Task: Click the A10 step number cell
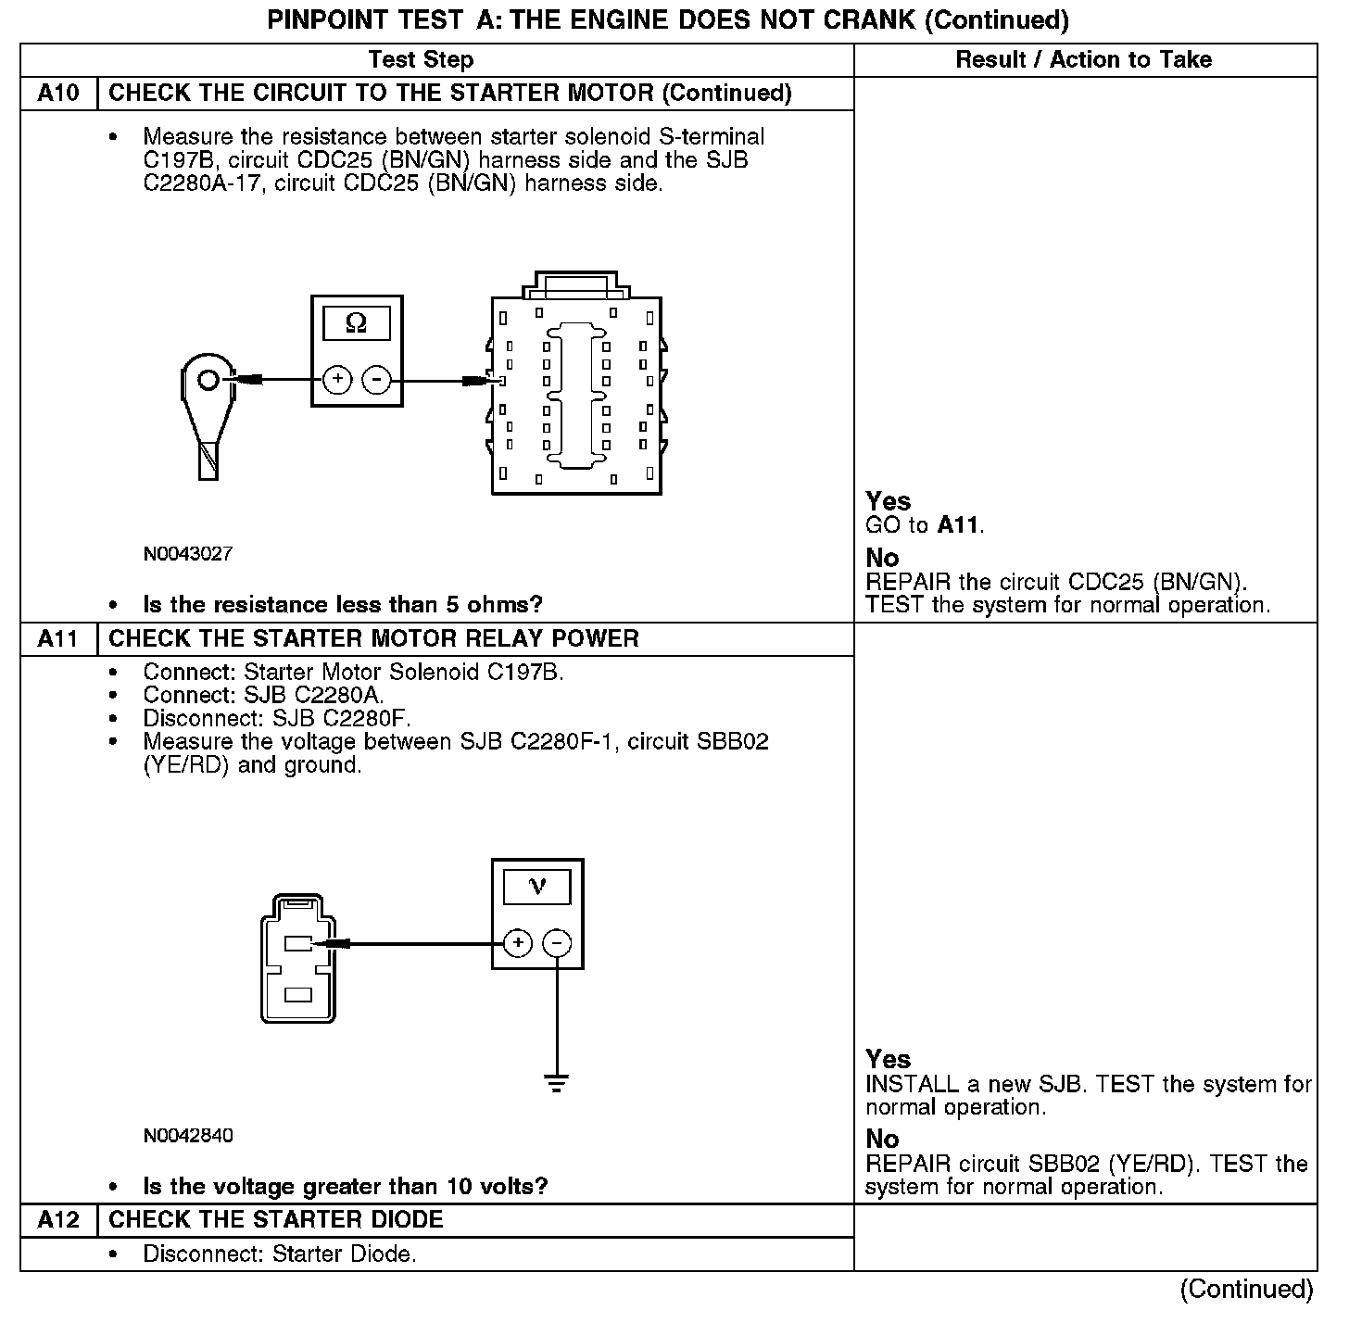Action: [x=58, y=94]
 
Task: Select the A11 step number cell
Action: [x=58, y=639]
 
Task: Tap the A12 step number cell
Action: [x=58, y=1220]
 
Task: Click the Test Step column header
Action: [x=421, y=60]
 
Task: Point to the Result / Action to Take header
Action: [x=1083, y=60]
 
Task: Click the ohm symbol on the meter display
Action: [x=356, y=323]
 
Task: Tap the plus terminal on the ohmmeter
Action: [x=337, y=380]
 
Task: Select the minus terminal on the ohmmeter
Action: [x=375, y=380]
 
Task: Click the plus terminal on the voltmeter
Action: [x=518, y=944]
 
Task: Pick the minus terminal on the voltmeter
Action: [x=556, y=944]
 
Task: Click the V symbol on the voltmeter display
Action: [x=537, y=888]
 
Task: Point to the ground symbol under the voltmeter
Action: [x=556, y=1082]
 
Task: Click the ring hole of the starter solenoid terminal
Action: [x=208, y=380]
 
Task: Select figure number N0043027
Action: [x=188, y=554]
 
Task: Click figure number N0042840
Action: [x=188, y=1136]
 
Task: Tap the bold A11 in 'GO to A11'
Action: [x=958, y=525]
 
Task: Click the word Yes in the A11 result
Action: [x=889, y=1059]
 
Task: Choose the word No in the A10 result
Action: [x=882, y=558]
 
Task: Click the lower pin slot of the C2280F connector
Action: [x=298, y=995]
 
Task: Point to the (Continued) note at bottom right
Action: [x=1246, y=1290]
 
